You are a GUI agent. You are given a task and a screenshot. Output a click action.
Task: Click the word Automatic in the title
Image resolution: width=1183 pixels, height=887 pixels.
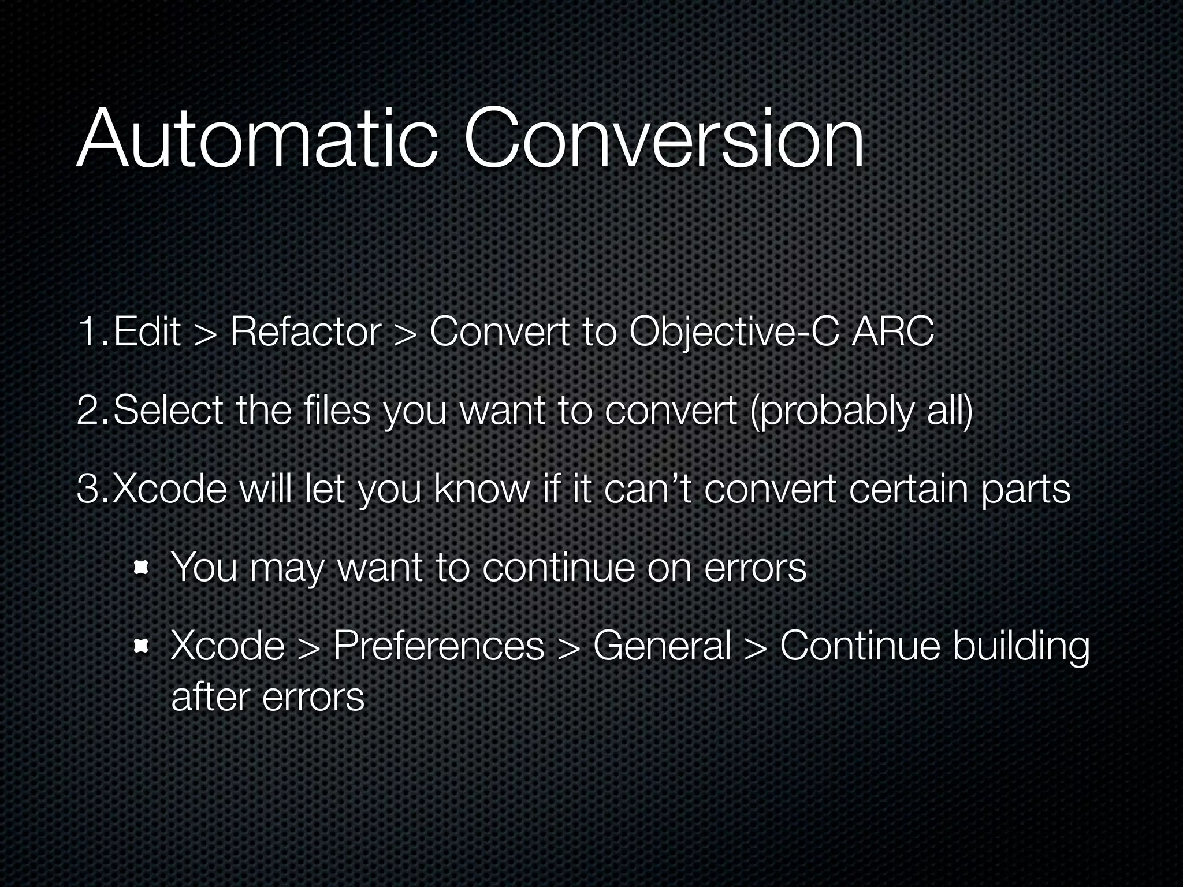point(256,140)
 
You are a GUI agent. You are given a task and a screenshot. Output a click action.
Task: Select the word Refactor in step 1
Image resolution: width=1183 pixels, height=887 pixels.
point(306,333)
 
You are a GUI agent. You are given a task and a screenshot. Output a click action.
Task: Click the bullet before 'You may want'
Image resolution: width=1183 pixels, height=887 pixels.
point(140,569)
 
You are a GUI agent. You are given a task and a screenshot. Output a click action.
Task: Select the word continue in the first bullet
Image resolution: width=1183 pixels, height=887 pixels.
point(558,568)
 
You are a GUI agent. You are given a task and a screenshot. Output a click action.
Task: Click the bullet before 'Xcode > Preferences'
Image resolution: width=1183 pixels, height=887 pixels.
point(140,646)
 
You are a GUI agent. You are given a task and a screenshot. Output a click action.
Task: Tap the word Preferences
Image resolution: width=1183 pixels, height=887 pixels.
point(438,646)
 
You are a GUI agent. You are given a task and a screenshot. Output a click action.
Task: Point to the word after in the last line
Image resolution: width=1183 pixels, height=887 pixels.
point(210,697)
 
